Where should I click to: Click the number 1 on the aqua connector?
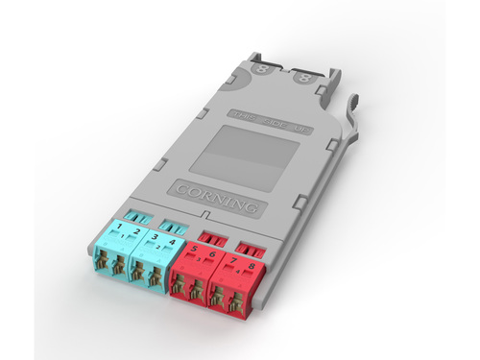click(x=119, y=228)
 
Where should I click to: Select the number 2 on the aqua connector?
click(x=136, y=231)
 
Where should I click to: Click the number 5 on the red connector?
click(x=196, y=248)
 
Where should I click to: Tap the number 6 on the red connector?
click(x=213, y=252)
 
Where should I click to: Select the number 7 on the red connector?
click(x=234, y=257)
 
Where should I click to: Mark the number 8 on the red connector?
click(x=252, y=262)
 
